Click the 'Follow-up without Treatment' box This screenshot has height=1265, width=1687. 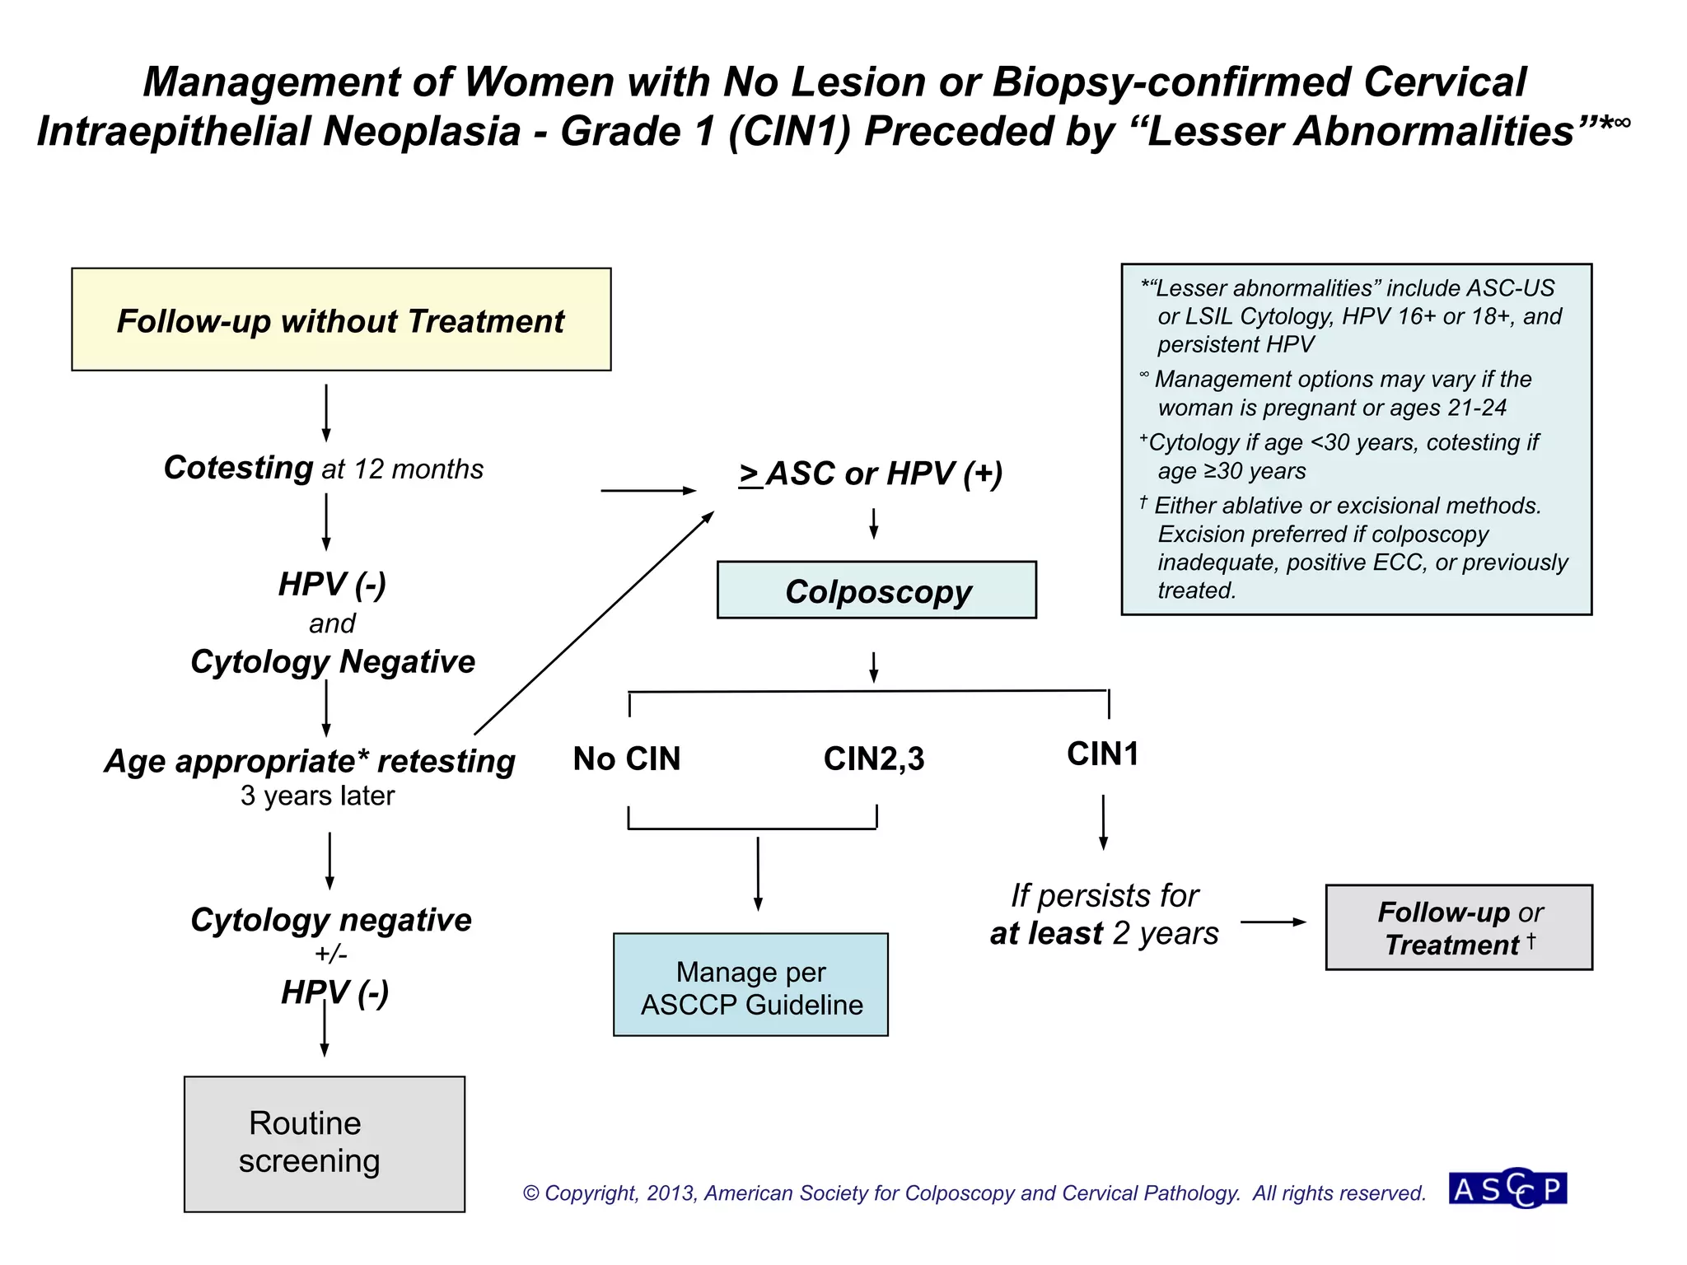[x=341, y=320]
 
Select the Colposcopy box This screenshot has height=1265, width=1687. [x=876, y=590]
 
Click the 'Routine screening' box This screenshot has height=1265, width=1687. [x=324, y=1144]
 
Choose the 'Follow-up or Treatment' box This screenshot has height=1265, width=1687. [x=1458, y=928]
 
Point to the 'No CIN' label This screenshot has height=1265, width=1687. [x=627, y=759]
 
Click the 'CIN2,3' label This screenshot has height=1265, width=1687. [x=874, y=759]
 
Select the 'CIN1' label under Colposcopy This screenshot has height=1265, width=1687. [x=1102, y=754]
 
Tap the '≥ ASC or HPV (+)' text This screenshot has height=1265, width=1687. [x=872, y=474]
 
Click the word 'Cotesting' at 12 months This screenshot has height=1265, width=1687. [x=238, y=468]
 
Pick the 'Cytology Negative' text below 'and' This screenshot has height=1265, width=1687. [x=333, y=661]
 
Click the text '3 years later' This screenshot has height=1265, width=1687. [x=317, y=796]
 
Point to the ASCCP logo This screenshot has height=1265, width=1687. [x=1508, y=1188]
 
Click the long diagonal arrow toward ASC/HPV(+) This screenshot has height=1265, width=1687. [x=593, y=623]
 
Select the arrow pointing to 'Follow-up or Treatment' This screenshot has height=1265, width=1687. [x=1273, y=922]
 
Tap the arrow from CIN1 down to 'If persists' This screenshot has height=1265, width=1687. [x=1103, y=822]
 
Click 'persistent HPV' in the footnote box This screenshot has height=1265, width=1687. [x=1236, y=344]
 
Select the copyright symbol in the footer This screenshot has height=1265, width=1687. [x=531, y=1193]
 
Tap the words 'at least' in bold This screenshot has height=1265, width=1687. [x=1046, y=934]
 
